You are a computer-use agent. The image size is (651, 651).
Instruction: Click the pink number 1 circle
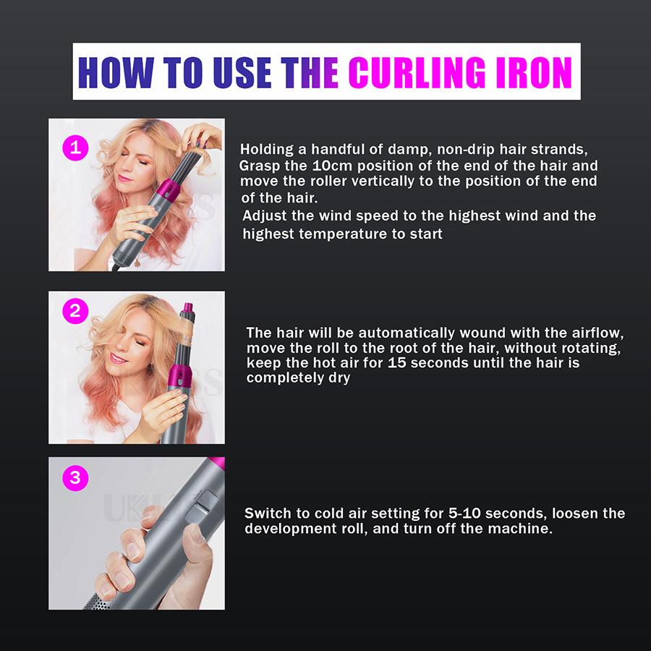click(75, 148)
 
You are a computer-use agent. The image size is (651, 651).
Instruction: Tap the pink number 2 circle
click(75, 312)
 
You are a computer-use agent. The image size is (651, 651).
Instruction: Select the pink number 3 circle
click(75, 477)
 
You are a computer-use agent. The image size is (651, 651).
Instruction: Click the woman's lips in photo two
click(119, 357)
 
